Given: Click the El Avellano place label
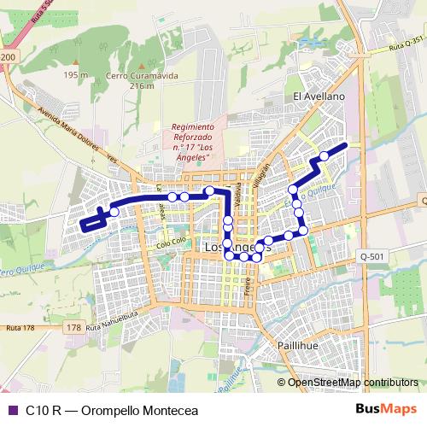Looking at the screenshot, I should point(319,97).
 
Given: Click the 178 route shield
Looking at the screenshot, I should point(73,327).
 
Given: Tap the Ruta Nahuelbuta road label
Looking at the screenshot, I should point(110,324).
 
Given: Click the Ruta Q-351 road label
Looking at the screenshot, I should point(405,43).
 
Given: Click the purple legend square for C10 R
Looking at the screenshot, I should point(12,409).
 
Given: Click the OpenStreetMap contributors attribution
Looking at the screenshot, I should point(353,382).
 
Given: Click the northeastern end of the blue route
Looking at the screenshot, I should point(344,145).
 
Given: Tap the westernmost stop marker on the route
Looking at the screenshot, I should point(114,211).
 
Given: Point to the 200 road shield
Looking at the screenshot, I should point(8,56).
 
